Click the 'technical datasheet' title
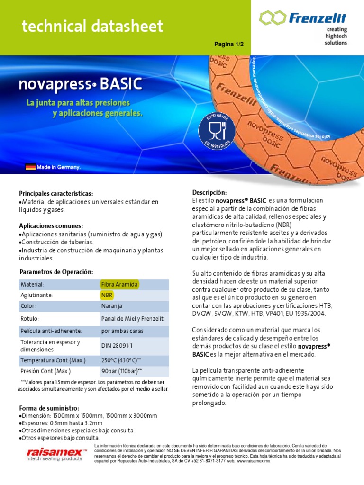tap(92, 27)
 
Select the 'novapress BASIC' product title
tap(80, 84)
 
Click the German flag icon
tap(30, 167)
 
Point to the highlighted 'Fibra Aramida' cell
tap(119, 284)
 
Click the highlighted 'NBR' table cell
tap(107, 295)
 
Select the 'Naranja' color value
tap(111, 306)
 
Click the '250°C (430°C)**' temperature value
tap(121, 360)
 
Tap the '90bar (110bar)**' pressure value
tap(121, 371)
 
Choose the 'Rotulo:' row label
tap(29, 319)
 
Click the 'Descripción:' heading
tap(209, 192)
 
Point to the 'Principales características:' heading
tap(56, 194)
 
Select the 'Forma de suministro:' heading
tap(49, 408)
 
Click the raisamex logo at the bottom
tap(56, 454)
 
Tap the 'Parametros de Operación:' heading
tap(56, 272)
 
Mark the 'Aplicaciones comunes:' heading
tap(51, 226)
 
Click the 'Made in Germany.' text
tap(59, 167)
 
